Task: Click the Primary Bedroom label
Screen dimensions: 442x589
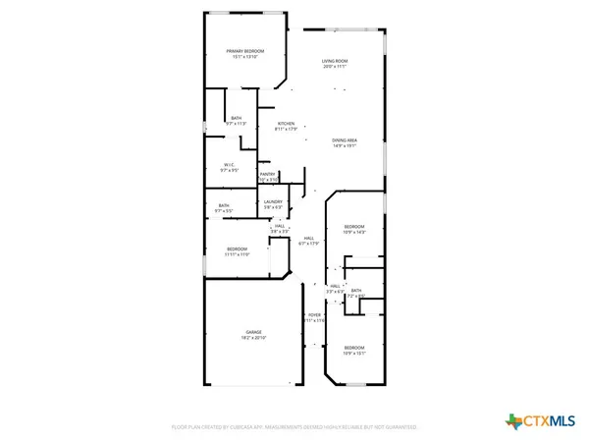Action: click(x=244, y=51)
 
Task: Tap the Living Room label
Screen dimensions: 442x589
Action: click(x=336, y=62)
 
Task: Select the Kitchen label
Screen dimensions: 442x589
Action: click(x=286, y=124)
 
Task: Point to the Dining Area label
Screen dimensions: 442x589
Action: click(x=344, y=140)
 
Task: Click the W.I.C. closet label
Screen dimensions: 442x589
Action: click(x=229, y=164)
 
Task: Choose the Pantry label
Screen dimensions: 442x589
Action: click(x=267, y=174)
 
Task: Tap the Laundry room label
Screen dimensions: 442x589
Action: click(x=273, y=201)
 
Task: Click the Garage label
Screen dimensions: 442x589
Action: click(x=253, y=332)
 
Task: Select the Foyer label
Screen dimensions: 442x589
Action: click(x=313, y=315)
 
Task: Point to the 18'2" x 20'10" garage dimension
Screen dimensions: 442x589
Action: click(x=253, y=338)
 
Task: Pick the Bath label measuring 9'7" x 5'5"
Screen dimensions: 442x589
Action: click(x=224, y=205)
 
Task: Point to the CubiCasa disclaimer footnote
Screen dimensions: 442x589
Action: click(x=294, y=428)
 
